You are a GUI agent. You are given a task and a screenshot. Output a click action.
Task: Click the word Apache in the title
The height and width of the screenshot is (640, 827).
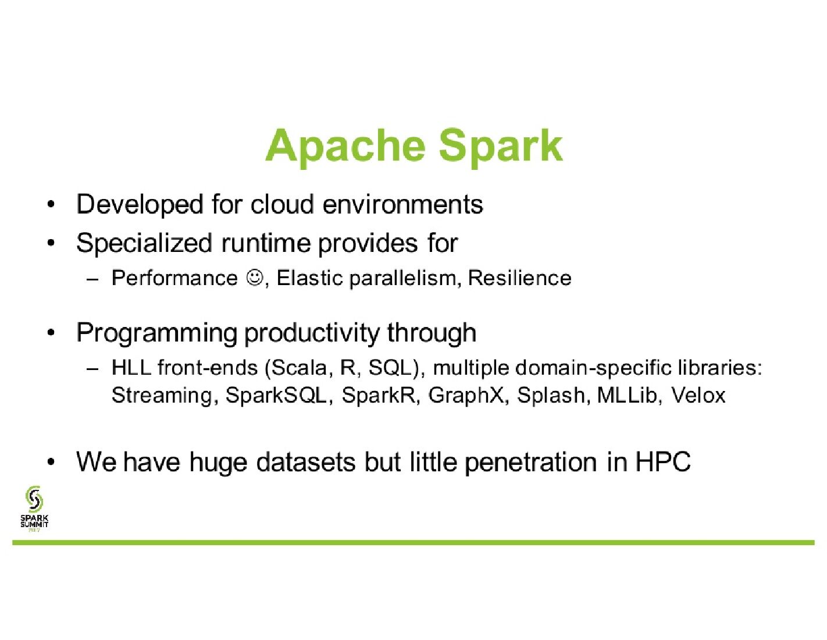[344, 147]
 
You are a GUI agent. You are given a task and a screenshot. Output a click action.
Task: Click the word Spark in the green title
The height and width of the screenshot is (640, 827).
[501, 147]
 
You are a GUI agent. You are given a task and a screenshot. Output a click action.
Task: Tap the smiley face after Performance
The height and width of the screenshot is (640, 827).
[255, 277]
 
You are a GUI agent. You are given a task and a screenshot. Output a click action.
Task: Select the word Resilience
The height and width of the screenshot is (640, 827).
[519, 278]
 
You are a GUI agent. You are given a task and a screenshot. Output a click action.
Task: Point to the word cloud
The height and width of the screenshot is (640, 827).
[282, 204]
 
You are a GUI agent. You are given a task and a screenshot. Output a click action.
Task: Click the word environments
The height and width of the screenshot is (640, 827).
[403, 205]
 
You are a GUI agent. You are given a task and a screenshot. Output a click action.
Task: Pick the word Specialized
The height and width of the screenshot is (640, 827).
[144, 244]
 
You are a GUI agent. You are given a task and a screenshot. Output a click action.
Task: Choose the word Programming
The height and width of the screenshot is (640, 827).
[157, 334]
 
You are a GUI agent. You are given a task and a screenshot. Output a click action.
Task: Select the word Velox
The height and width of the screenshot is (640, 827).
[698, 395]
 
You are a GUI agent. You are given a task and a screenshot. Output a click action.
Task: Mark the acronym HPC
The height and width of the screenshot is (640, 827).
[663, 462]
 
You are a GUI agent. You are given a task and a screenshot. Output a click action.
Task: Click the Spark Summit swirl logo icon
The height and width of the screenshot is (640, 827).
[34, 498]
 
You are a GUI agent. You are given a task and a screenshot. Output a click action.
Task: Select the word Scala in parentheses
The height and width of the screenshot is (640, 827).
[298, 368]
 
